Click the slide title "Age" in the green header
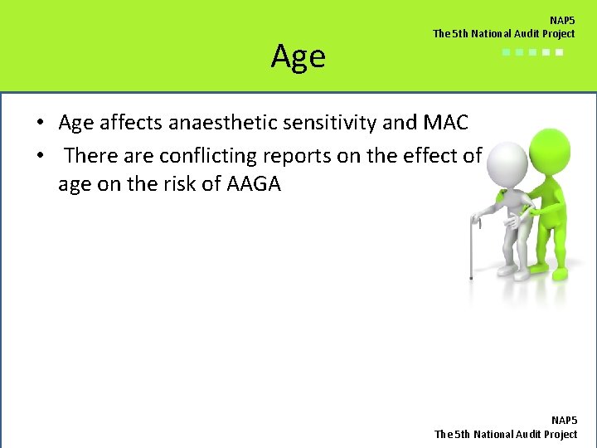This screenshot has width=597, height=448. tap(298, 57)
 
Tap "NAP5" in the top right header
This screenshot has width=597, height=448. tap(562, 20)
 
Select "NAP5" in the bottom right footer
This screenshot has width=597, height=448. tap(564, 421)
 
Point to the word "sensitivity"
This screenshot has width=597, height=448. tap(328, 124)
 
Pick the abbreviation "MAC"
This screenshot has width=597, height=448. tap(445, 124)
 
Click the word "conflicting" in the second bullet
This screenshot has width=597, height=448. tap(200, 155)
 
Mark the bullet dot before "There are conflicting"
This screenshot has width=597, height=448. tap(40, 156)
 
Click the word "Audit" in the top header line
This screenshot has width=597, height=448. tap(517, 34)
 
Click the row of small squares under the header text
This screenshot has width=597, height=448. tap(532, 52)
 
